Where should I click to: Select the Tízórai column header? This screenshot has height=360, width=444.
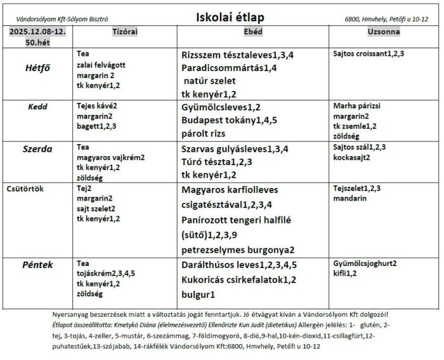pyautogui.click(x=125, y=32)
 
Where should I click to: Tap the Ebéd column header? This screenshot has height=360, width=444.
pyautogui.click(x=252, y=32)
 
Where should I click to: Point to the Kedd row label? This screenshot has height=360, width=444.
pyautogui.click(x=37, y=107)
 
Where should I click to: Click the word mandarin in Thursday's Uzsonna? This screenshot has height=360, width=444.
pyautogui.click(x=349, y=198)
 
